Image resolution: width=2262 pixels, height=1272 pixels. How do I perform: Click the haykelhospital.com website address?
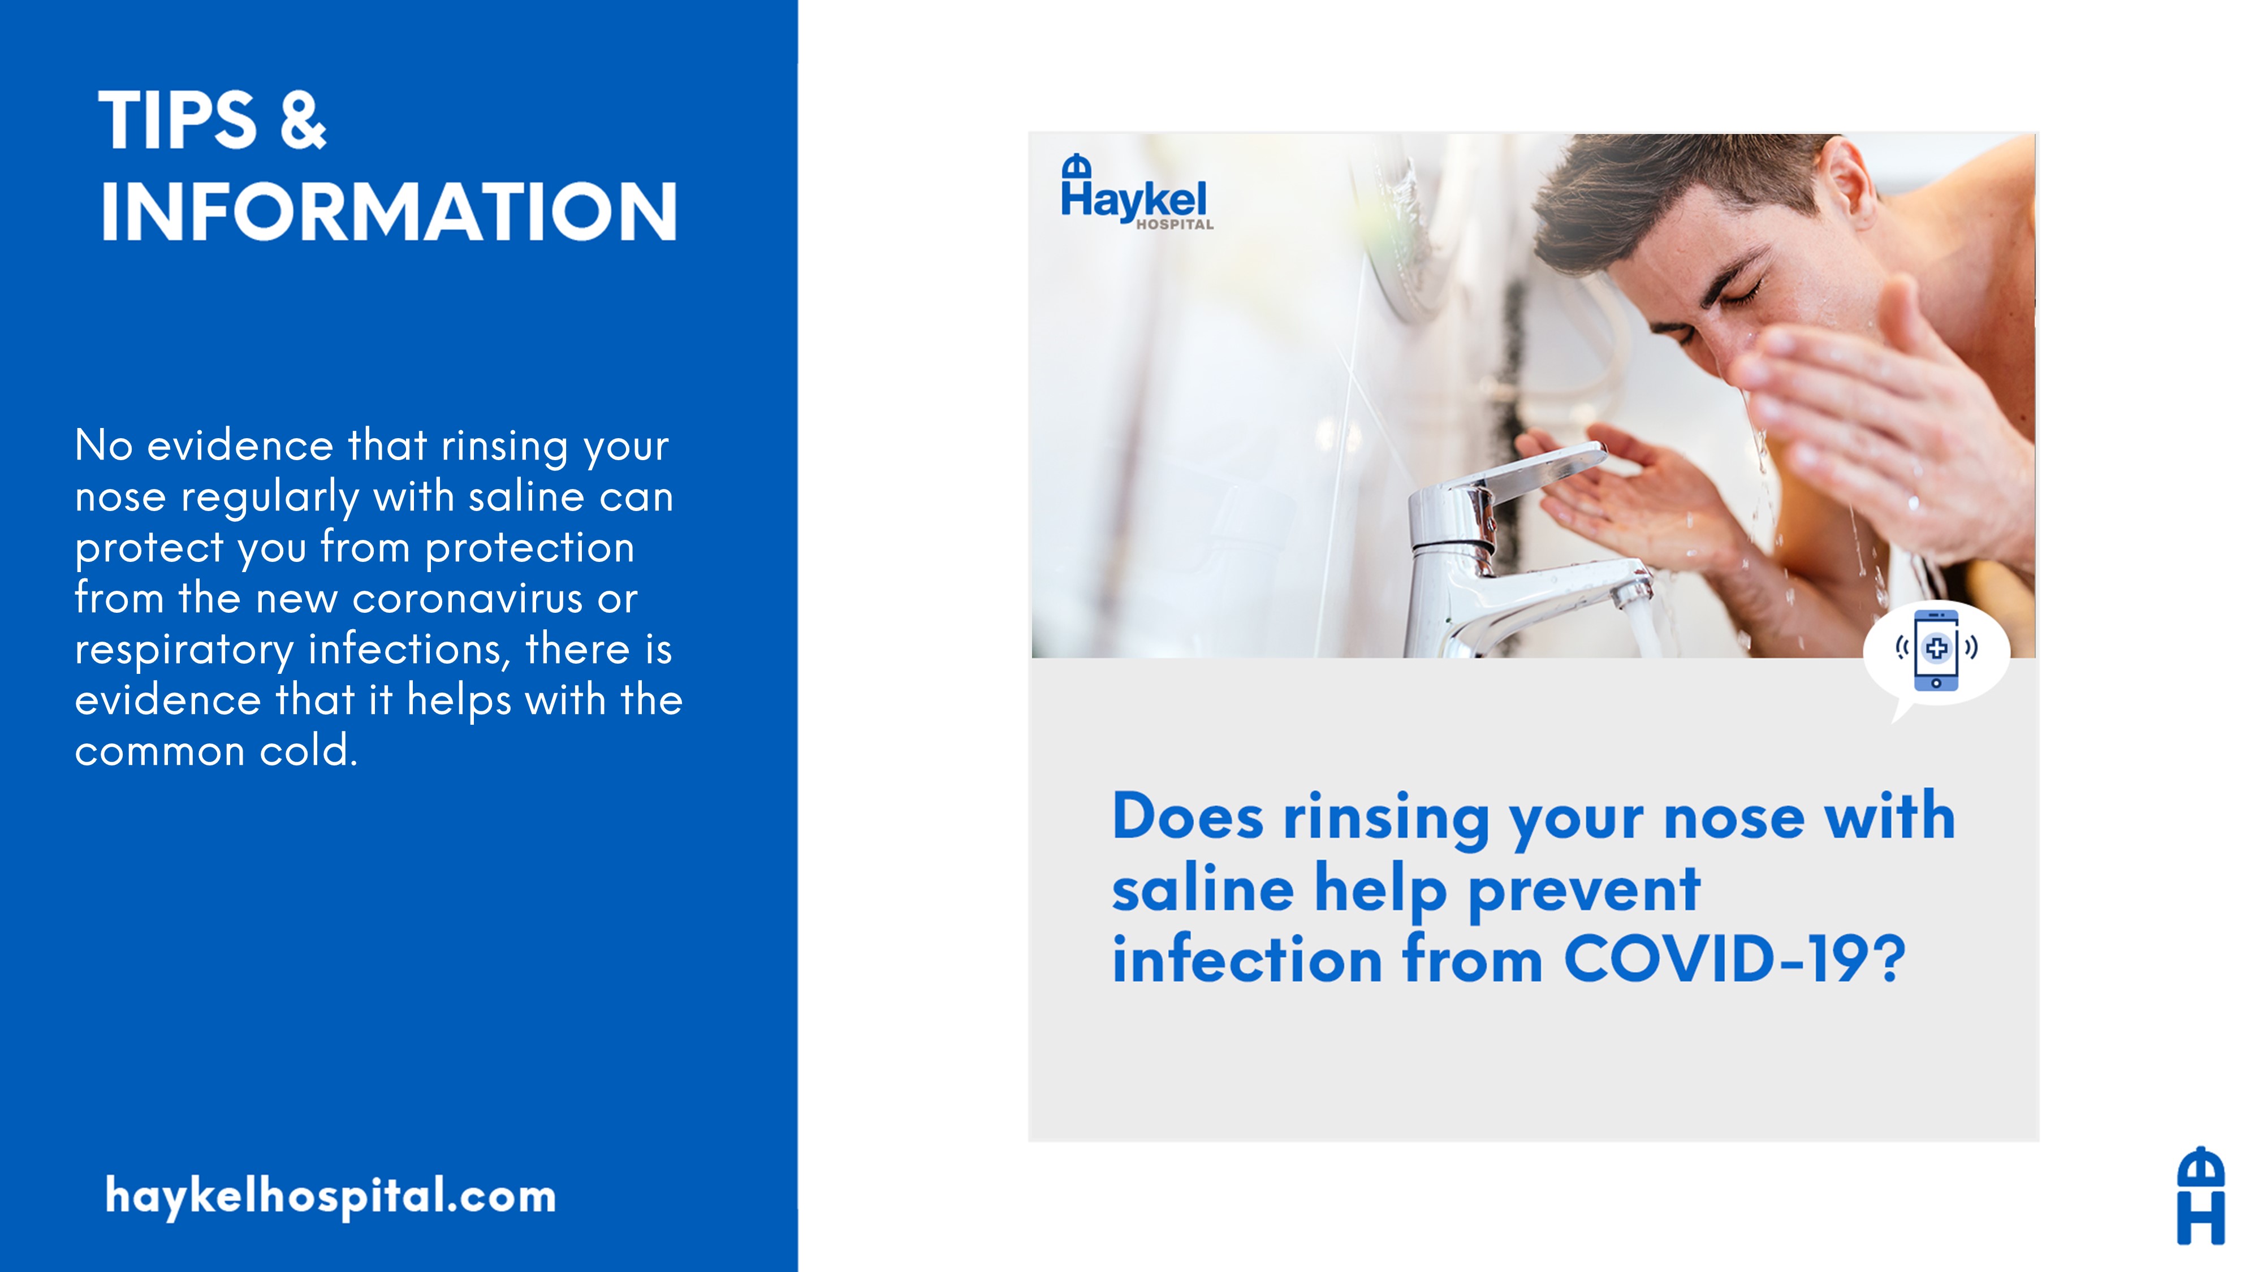(330, 1196)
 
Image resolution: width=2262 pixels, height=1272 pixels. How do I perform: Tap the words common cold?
(216, 751)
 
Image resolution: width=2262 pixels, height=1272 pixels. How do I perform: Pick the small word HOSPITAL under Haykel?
(1175, 225)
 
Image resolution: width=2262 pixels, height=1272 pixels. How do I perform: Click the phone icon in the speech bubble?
(1936, 650)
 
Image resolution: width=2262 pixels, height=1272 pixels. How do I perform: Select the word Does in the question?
(1187, 816)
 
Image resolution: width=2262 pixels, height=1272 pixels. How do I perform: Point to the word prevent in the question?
(1584, 892)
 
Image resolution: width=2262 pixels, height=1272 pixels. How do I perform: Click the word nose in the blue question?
(1734, 819)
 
